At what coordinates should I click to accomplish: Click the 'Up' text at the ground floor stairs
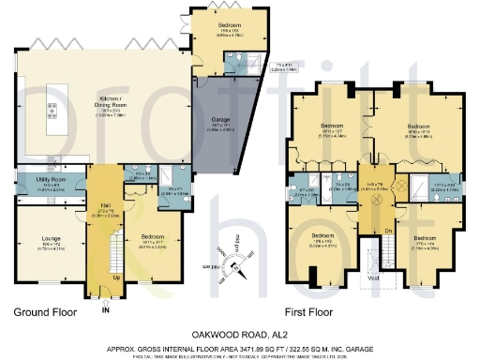point(115,278)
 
